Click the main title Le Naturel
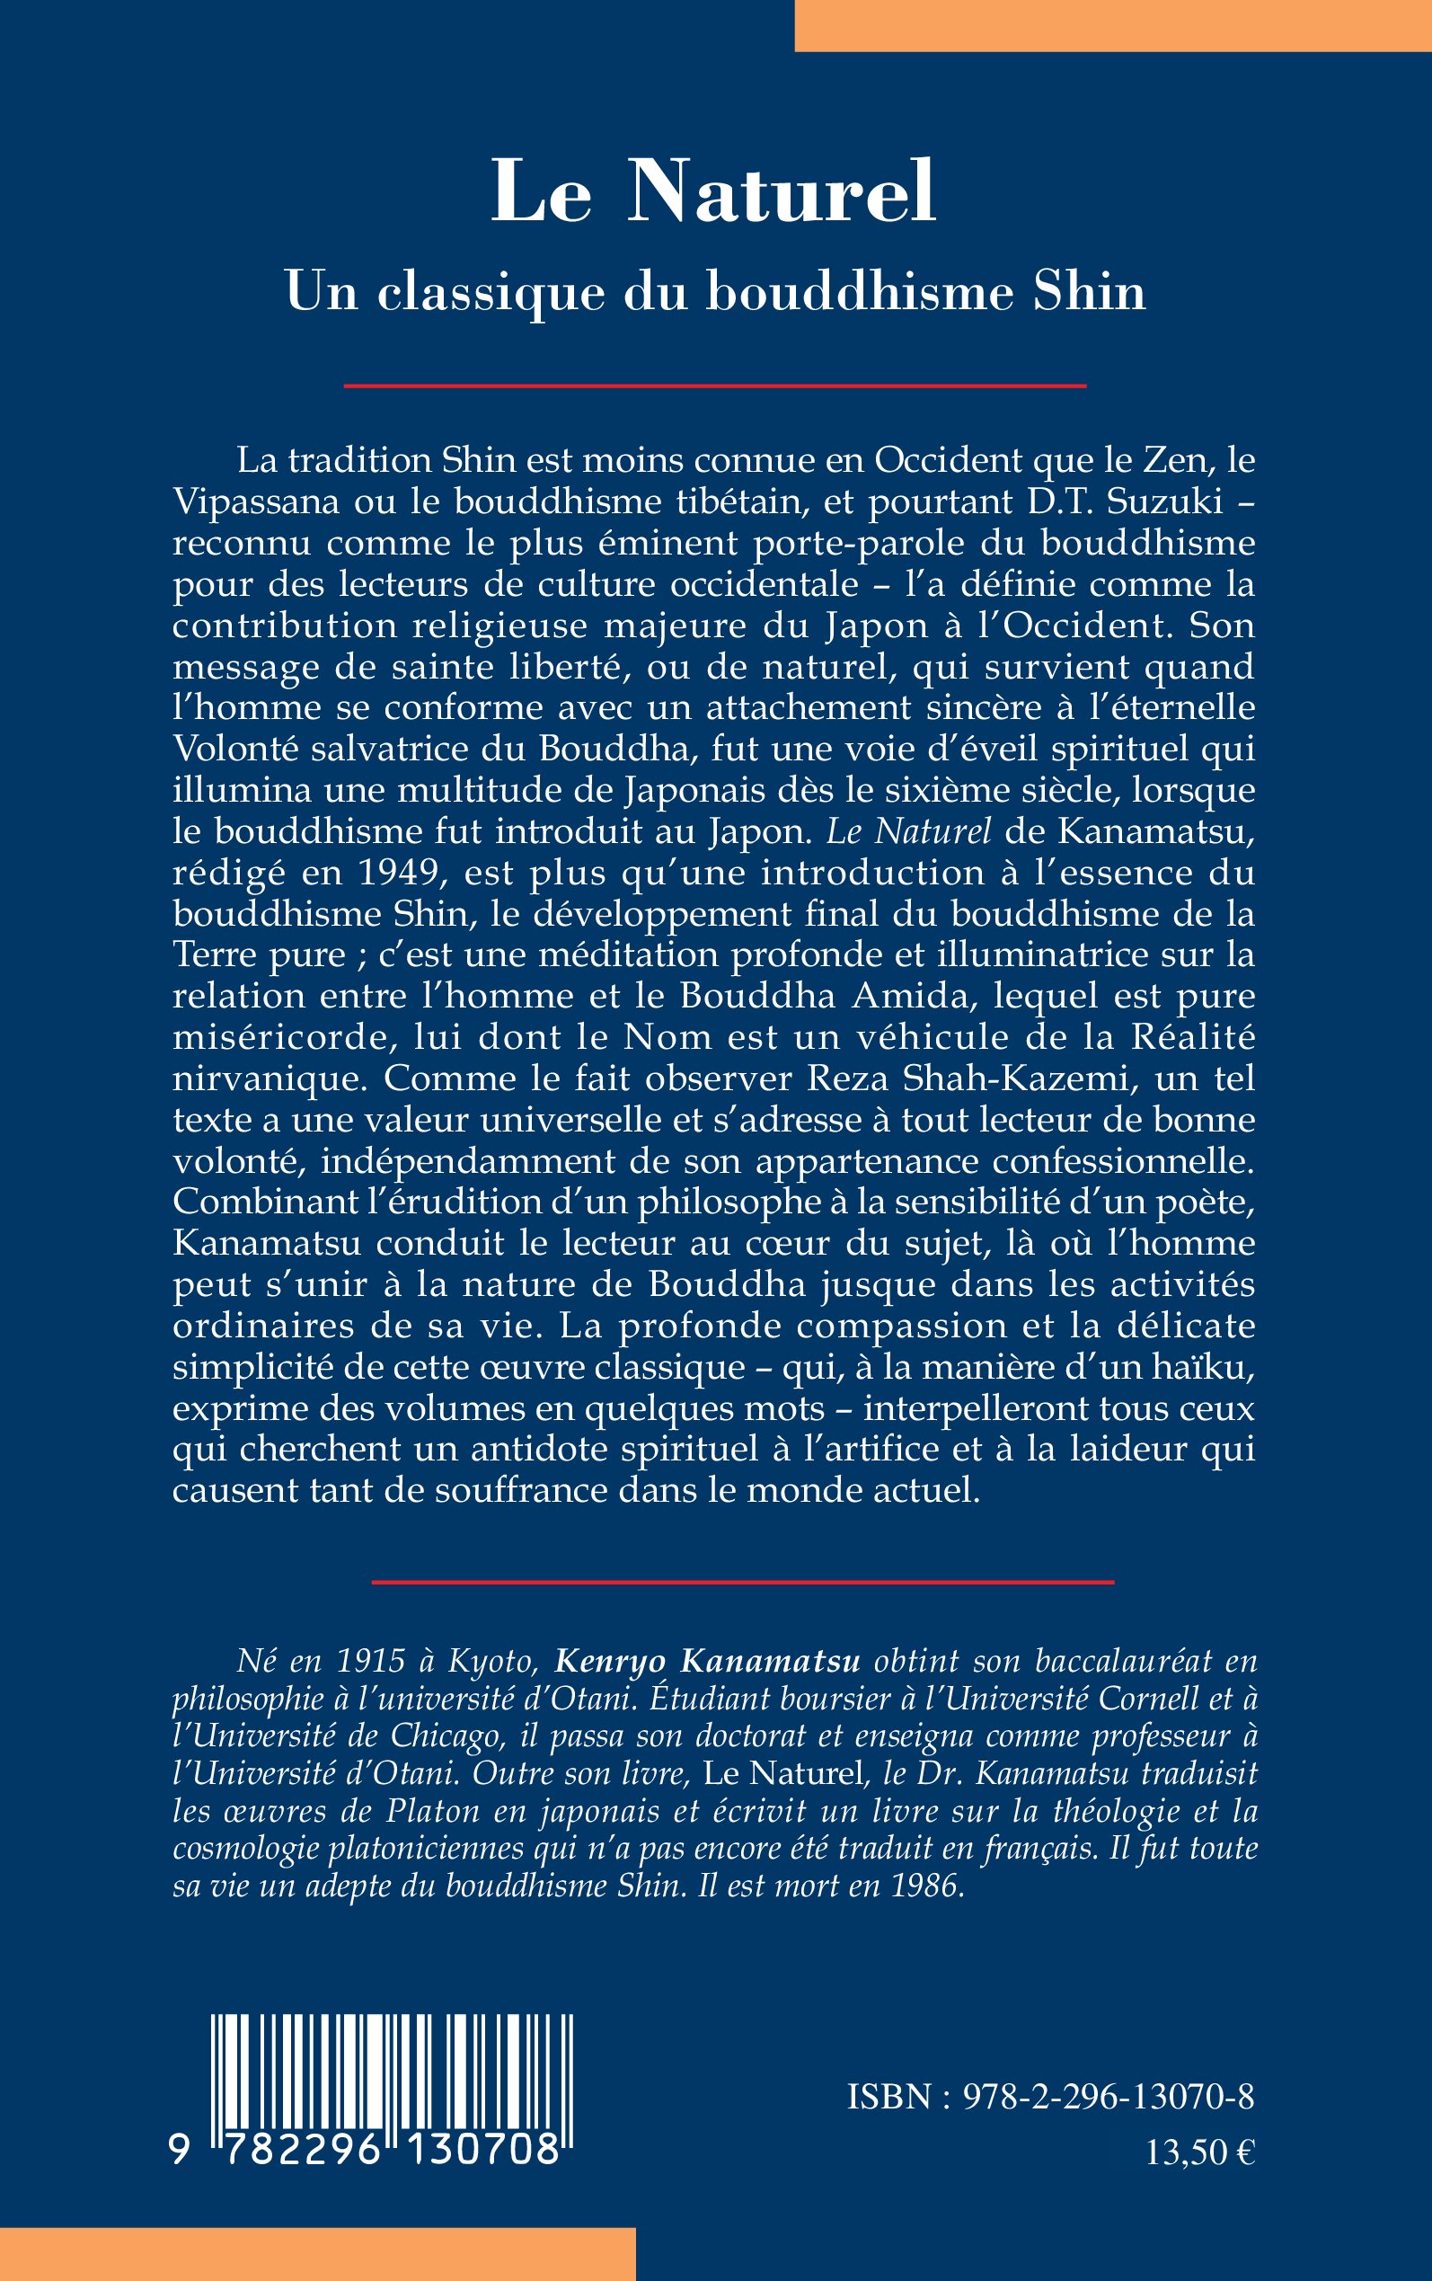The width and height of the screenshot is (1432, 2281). click(x=714, y=192)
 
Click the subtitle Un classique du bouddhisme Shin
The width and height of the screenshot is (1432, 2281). click(x=715, y=292)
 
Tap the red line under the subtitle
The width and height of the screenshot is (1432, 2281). click(x=715, y=386)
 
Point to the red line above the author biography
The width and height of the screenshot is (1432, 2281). click(x=743, y=1582)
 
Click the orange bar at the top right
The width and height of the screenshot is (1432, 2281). click(x=1113, y=24)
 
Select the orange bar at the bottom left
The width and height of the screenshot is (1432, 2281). click(x=317, y=2253)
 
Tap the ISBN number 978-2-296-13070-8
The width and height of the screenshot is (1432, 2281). click(x=1108, y=2098)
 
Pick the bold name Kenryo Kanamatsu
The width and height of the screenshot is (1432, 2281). click(x=708, y=1662)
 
